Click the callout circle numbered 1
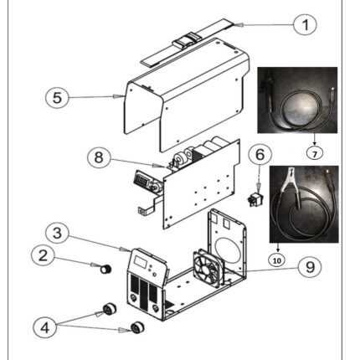[305, 24]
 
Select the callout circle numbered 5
[57, 97]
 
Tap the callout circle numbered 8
[99, 157]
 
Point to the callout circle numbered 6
[260, 155]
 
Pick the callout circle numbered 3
[57, 233]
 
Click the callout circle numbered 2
[43, 255]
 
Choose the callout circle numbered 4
[45, 327]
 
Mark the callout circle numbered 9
[310, 267]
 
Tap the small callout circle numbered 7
[315, 153]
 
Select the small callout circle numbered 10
[277, 260]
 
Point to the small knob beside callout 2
[106, 270]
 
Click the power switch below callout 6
[255, 199]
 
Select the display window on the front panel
[140, 261]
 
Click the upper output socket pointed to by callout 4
[110, 309]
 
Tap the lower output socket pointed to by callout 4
[137, 327]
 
